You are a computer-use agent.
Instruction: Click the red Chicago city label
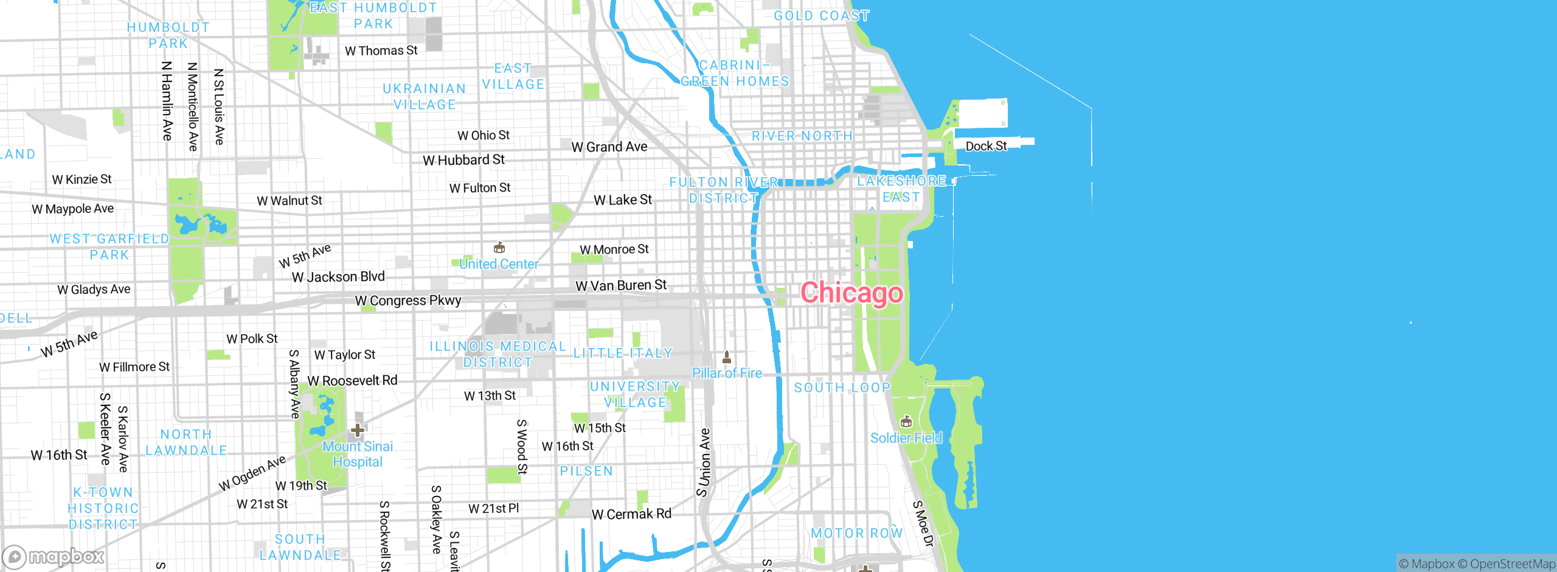851,293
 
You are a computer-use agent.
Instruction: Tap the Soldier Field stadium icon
906,422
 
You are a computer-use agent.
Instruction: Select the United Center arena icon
499,248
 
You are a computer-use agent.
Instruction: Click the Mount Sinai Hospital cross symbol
358,431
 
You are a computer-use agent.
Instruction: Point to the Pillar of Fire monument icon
727,357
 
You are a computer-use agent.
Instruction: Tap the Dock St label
986,146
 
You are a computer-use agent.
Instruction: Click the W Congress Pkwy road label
408,301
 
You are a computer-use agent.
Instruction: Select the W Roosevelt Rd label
352,381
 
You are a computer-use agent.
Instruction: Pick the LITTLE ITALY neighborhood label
623,353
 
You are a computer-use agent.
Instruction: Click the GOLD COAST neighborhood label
821,16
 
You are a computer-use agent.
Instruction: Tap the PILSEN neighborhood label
586,471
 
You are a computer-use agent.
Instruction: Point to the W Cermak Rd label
631,514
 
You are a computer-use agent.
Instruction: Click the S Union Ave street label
704,462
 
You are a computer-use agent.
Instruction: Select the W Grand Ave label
609,147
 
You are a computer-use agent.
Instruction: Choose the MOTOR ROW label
856,533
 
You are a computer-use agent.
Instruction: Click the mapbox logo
54,557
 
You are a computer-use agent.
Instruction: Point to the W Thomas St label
381,51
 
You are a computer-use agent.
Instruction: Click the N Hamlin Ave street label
167,100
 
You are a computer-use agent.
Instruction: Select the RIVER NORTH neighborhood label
802,136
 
